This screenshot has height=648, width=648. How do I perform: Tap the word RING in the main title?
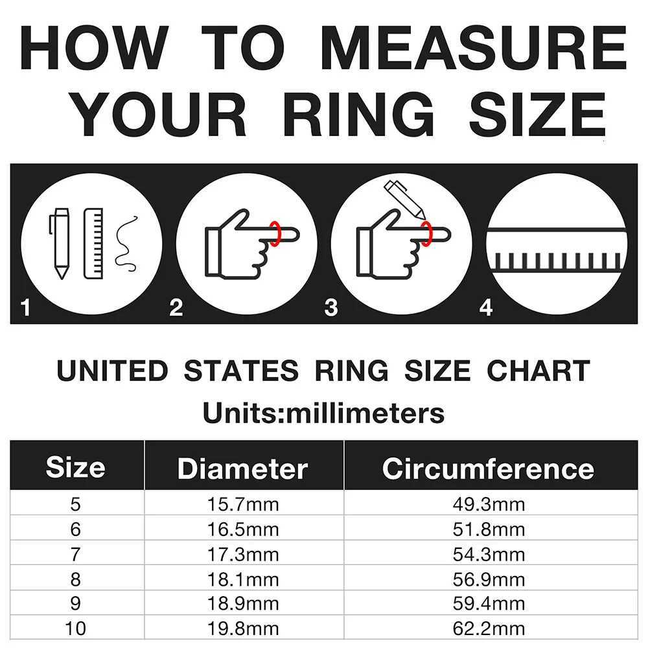click(358, 114)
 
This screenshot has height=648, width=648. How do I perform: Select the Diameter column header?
click(242, 469)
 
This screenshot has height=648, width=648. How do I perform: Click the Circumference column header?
click(488, 469)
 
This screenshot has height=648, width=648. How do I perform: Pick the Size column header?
click(76, 467)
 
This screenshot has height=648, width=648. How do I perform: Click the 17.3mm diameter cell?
click(243, 555)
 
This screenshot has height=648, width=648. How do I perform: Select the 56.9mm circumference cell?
click(489, 579)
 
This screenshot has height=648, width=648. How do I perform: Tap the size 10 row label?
click(76, 629)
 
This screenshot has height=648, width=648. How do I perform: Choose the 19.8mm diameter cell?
click(243, 629)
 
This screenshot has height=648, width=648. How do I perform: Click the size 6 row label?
click(76, 529)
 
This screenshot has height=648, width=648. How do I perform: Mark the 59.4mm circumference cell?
click(489, 604)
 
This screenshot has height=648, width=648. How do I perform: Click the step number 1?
click(25, 307)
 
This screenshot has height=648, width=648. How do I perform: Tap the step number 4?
click(486, 307)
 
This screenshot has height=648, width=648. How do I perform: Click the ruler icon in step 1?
click(93, 244)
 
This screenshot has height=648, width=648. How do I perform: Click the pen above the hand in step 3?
click(404, 199)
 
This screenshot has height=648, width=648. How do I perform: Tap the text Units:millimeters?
click(323, 413)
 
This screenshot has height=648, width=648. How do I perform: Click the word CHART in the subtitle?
click(538, 370)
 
